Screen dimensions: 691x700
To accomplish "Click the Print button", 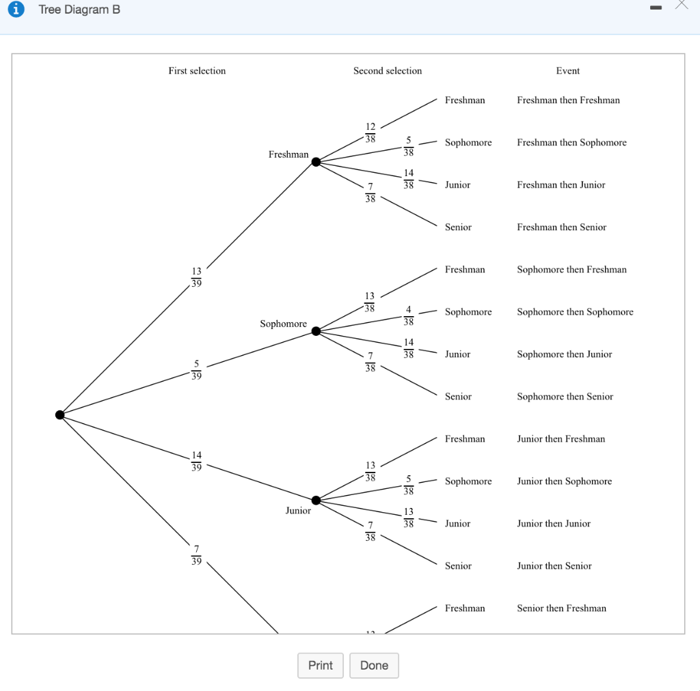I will (x=320, y=666).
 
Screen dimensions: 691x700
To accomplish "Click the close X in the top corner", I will (x=681, y=6).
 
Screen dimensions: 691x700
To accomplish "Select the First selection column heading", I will (x=197, y=71).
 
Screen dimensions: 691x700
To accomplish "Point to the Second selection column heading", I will (x=388, y=71).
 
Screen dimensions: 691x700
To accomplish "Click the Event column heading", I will (x=567, y=71).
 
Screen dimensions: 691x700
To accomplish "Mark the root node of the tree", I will (x=60, y=414).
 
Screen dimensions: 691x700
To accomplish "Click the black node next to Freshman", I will (x=316, y=162).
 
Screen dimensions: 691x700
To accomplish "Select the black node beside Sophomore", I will (x=316, y=331).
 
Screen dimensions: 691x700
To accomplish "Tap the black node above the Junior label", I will (x=316, y=500).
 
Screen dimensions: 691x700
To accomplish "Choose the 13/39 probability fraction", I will (x=196, y=278).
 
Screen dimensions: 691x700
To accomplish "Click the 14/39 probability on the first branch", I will (x=196, y=461).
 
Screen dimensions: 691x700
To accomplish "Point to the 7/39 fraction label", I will (x=196, y=555).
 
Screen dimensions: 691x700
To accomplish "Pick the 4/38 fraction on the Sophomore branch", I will (x=408, y=316).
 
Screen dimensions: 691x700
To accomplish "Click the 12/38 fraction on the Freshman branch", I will (x=370, y=132).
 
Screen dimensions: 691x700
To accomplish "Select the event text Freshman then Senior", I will (x=561, y=227).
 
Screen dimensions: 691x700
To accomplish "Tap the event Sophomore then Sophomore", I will (x=575, y=312).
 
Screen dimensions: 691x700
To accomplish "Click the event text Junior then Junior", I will (x=554, y=524).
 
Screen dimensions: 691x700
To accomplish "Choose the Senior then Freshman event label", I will (x=561, y=608).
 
